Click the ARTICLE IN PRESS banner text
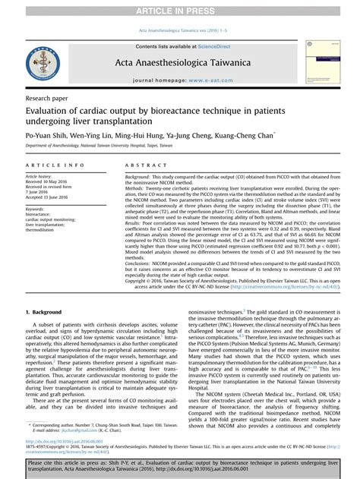[x=180, y=7]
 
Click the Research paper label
[x=46, y=99]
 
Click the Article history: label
[x=41, y=177]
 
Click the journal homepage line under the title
[x=180, y=80]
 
